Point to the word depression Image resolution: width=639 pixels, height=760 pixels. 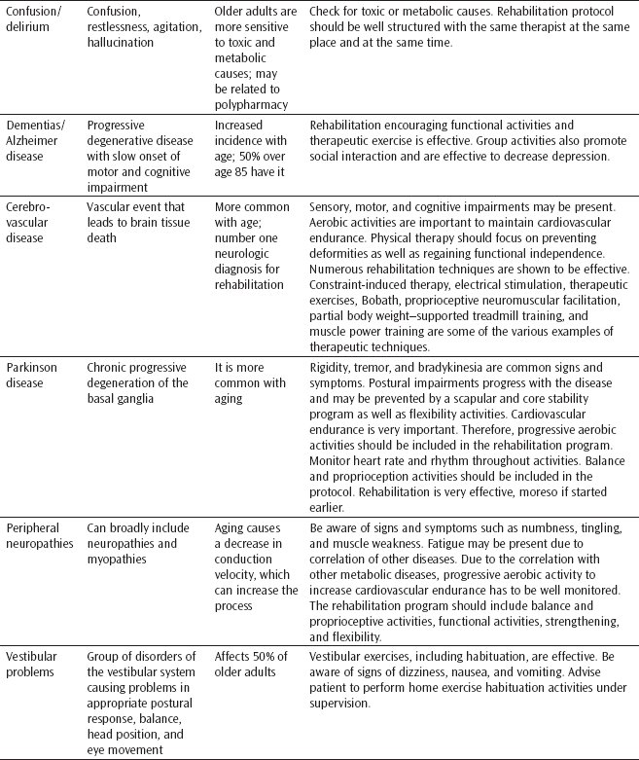click(x=578, y=155)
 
